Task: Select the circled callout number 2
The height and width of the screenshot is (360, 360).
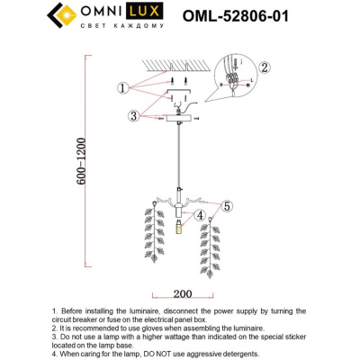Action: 265,67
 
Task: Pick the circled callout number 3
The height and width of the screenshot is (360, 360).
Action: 133,115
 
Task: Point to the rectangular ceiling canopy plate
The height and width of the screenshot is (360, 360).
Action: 180,118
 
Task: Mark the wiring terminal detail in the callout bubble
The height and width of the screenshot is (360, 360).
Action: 233,83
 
